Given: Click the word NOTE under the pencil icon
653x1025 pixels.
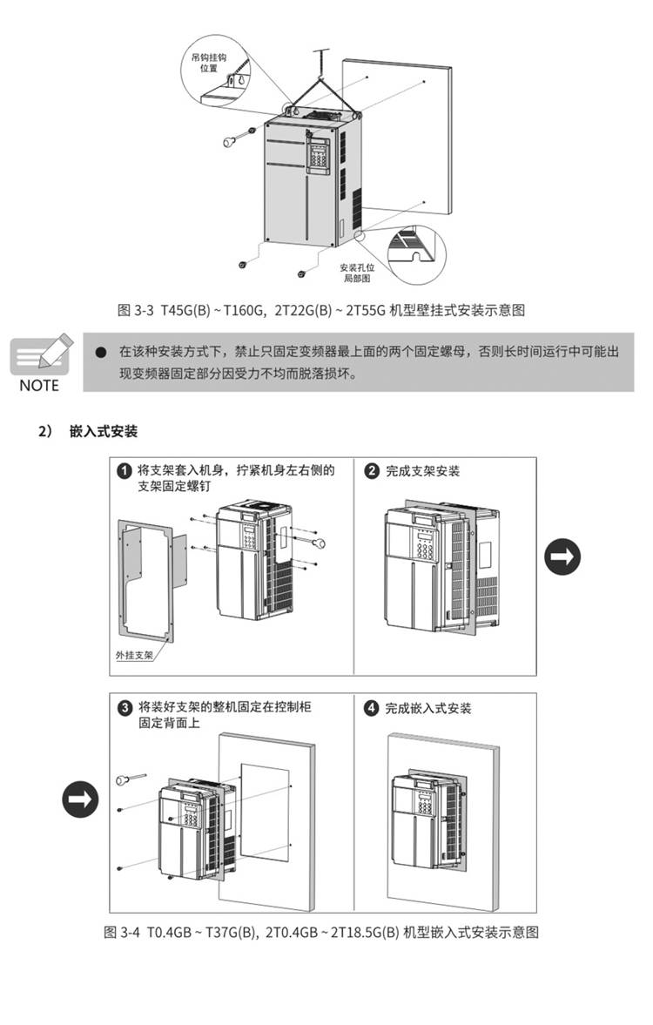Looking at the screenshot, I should point(39,386).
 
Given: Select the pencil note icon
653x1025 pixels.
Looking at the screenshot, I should point(40,354).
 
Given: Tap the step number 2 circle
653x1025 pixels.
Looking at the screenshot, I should point(372,471).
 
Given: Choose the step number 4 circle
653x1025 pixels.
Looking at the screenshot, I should point(372,708).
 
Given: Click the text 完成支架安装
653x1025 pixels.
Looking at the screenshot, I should point(423,471).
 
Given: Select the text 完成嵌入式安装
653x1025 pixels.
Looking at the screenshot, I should point(428,708).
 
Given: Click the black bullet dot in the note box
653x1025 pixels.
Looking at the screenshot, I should point(100,352).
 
